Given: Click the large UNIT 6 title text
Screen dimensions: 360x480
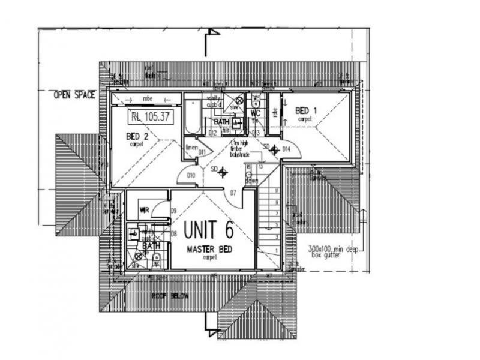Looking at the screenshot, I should point(208,230).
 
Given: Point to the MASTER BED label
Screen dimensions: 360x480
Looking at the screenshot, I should point(209,249).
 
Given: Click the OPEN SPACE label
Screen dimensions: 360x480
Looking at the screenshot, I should point(74,95).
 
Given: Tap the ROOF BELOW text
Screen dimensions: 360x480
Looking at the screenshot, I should point(170,296).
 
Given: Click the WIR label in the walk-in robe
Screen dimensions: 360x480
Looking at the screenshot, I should point(144,210).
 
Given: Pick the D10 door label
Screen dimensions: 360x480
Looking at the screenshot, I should point(191,175).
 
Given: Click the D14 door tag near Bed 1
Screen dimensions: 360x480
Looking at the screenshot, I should point(286,148).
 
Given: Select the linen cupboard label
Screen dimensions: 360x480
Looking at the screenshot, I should point(191,147).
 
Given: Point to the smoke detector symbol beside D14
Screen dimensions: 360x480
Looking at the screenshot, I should point(275,149).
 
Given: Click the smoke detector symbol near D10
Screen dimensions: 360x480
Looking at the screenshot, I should point(223,173).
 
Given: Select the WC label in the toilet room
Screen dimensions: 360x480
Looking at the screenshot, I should point(255,112).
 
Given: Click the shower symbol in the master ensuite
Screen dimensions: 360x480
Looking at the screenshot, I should point(137,256).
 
